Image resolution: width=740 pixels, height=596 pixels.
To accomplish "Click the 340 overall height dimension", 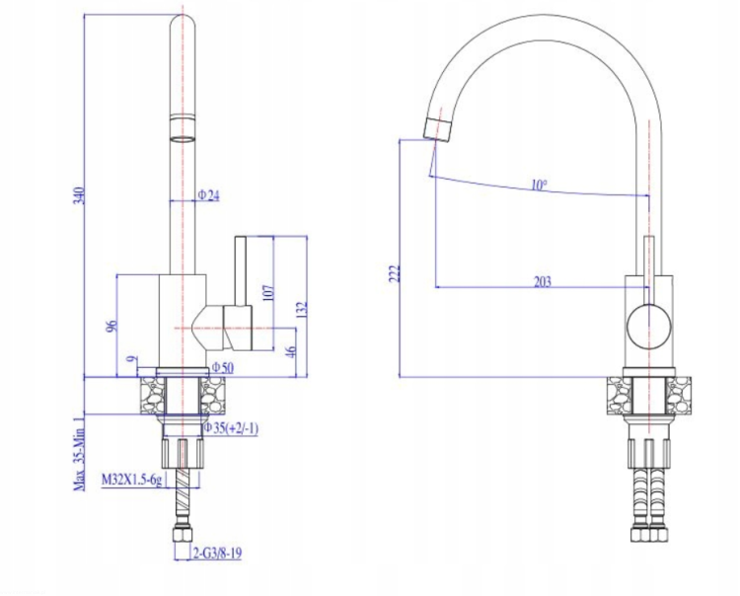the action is click(x=79, y=195).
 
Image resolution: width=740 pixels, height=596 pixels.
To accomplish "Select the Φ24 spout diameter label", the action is click(x=208, y=195).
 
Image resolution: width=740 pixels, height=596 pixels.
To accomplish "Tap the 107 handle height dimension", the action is click(x=267, y=293).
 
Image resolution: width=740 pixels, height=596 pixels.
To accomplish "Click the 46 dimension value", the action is click(x=291, y=351).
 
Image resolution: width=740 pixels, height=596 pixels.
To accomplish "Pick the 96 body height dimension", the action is click(x=111, y=326).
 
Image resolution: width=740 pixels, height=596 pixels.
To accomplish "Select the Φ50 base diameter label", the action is click(x=222, y=367).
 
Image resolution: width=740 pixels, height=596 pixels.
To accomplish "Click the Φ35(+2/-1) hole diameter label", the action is click(x=231, y=428).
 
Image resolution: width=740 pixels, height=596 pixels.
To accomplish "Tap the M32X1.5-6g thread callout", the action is click(x=131, y=480).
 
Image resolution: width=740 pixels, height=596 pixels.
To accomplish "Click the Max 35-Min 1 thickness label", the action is click(x=80, y=454).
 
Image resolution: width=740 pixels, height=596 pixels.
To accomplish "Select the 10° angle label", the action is click(x=539, y=185).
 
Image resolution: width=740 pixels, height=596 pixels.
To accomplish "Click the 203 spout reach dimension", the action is click(x=543, y=282).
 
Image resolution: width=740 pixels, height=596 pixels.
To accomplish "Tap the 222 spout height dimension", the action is click(x=394, y=273).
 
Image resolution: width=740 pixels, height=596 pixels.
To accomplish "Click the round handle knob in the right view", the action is click(x=649, y=327).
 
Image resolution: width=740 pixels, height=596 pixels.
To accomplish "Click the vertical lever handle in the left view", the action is click(x=241, y=271).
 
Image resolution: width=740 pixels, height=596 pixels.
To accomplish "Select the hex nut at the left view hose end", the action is click(x=183, y=535).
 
